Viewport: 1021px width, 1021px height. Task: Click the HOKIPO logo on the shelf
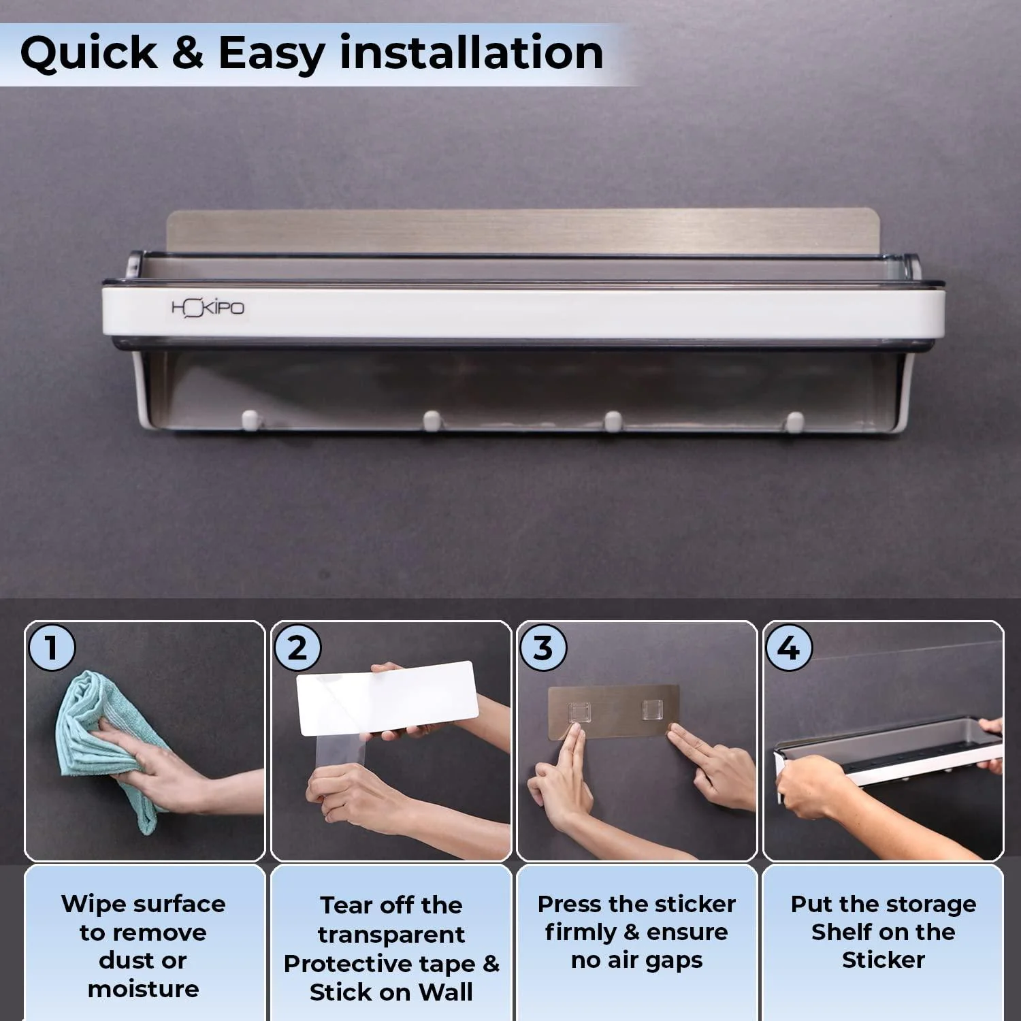coord(208,308)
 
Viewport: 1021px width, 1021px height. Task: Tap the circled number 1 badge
coord(51,647)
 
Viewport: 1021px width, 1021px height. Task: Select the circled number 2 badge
coord(297,647)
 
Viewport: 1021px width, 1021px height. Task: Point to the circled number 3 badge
coord(543,647)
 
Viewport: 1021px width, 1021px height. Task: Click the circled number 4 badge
coord(789,647)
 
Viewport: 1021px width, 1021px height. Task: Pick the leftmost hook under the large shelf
coord(250,420)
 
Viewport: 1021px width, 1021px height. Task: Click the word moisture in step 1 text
coord(144,988)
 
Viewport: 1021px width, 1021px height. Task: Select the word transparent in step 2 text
coord(391,935)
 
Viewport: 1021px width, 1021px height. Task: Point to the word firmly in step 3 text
coord(581,932)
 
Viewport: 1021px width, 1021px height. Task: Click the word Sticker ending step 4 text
coord(884,960)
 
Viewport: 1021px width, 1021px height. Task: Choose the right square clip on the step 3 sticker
coord(651,711)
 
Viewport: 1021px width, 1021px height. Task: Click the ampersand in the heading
coord(188,52)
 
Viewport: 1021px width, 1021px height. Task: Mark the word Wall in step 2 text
coord(445,992)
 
